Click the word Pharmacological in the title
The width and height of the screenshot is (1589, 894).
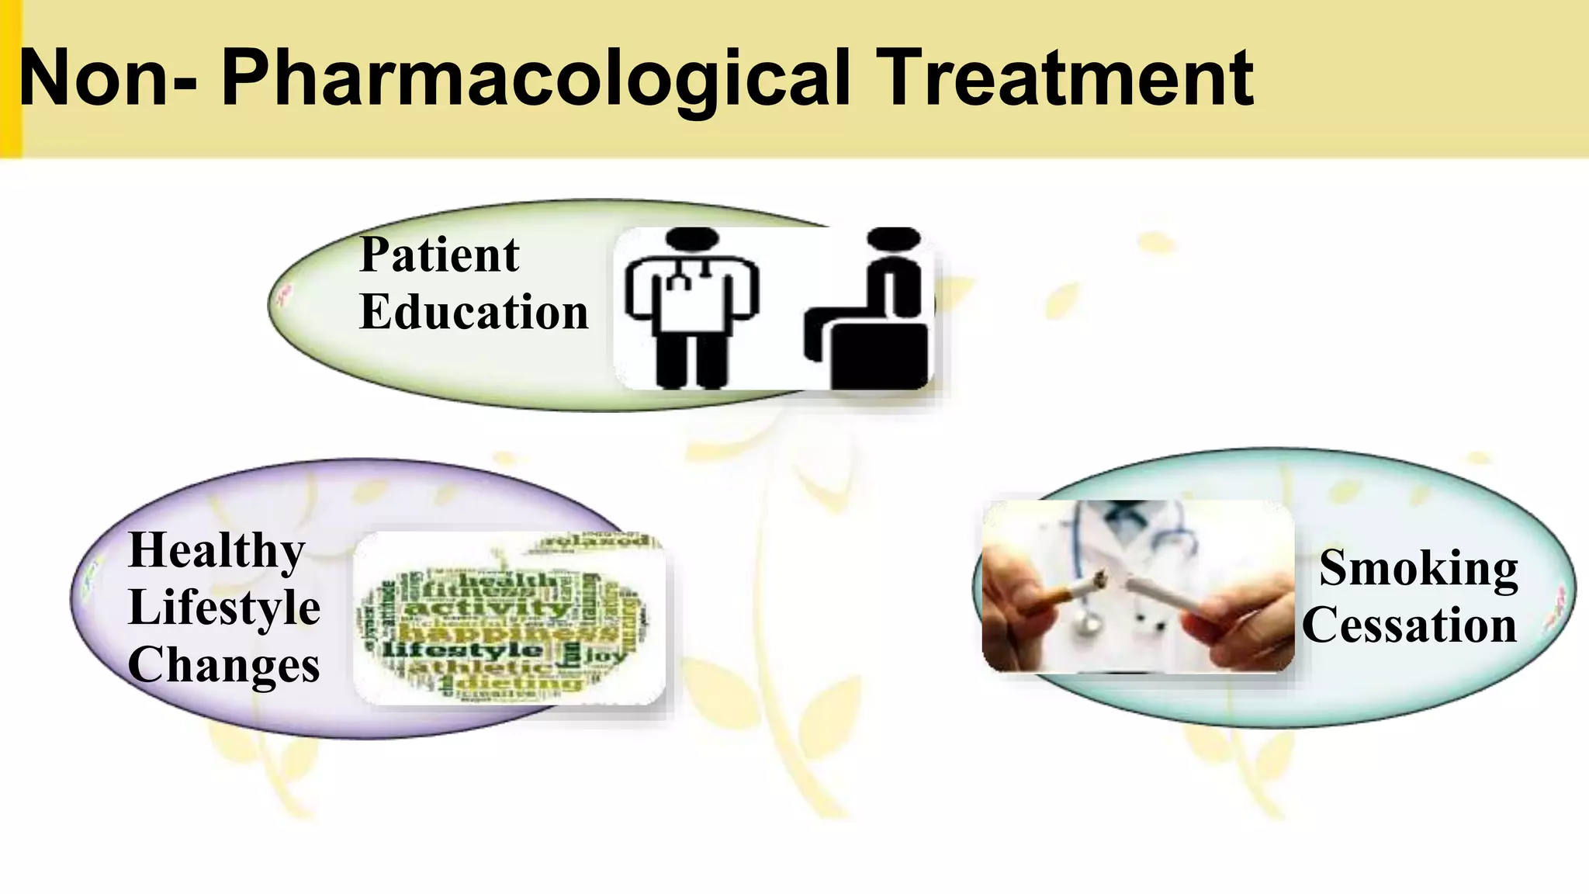[x=535, y=79]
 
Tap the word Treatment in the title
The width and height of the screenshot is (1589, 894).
[x=1067, y=78]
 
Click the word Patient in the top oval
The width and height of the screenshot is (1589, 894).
[x=439, y=255]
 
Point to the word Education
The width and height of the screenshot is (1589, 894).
[x=474, y=312]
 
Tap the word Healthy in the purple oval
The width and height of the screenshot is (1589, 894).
[x=216, y=551]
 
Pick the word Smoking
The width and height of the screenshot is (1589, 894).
[x=1418, y=568]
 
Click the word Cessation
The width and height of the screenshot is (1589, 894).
[x=1409, y=625]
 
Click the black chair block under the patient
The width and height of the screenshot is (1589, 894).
[x=878, y=356]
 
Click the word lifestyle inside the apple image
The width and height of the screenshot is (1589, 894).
[x=463, y=650]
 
